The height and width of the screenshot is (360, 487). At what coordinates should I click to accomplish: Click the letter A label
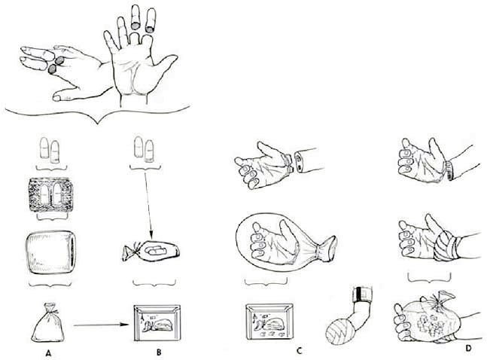[48, 352]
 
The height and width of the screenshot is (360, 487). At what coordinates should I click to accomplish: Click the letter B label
[159, 352]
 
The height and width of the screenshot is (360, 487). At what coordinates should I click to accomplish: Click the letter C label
[299, 351]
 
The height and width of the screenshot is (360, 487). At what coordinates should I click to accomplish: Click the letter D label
[468, 348]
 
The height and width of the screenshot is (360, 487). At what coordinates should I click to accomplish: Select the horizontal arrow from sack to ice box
[102, 325]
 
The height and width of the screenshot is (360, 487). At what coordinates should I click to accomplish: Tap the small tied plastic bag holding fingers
[151, 251]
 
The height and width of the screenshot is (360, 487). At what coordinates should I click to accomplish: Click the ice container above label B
[157, 322]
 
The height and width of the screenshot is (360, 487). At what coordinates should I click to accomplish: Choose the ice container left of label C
[269, 322]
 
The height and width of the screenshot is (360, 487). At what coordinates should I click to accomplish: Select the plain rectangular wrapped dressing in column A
[50, 252]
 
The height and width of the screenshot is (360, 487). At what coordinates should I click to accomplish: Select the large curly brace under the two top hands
[98, 114]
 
